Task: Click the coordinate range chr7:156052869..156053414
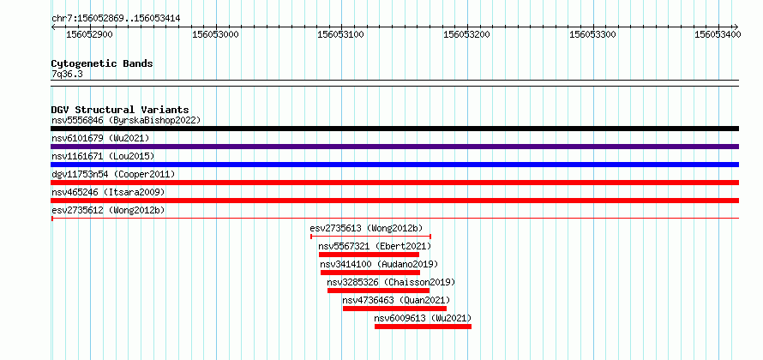point(116,19)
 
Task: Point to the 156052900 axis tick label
point(89,34)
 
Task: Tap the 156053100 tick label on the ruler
point(340,34)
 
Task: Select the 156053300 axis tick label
point(592,34)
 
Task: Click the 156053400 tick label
point(718,34)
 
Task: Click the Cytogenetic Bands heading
point(102,63)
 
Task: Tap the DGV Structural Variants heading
point(120,110)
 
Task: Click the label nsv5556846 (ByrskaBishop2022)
point(126,120)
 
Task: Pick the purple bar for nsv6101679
point(394,147)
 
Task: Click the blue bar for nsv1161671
point(394,165)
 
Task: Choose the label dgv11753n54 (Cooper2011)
point(113,174)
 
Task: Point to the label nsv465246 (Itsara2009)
point(108,192)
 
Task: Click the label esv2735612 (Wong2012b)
point(108,210)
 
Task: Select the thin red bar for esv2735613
point(371,237)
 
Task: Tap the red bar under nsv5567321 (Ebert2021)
point(369,255)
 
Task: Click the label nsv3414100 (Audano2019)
point(379,264)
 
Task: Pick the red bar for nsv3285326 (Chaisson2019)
point(379,291)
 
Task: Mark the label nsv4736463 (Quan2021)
point(396,300)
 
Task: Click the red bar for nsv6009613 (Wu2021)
point(423,327)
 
